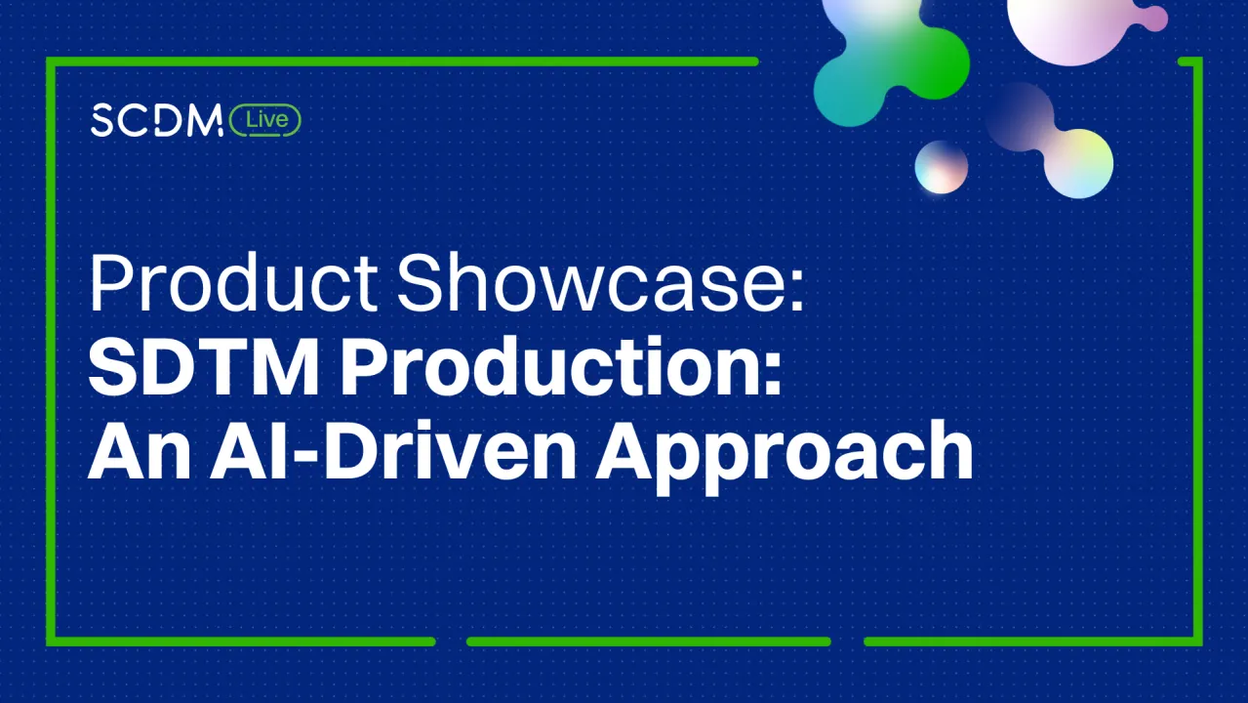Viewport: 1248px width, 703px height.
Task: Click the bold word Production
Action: click(546, 368)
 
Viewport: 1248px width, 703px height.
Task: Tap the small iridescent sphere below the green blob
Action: click(941, 167)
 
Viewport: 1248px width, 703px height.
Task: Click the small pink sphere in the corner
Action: click(1154, 18)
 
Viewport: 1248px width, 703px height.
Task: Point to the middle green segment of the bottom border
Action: click(648, 641)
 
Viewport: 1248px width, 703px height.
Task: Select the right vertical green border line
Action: click(1197, 351)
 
